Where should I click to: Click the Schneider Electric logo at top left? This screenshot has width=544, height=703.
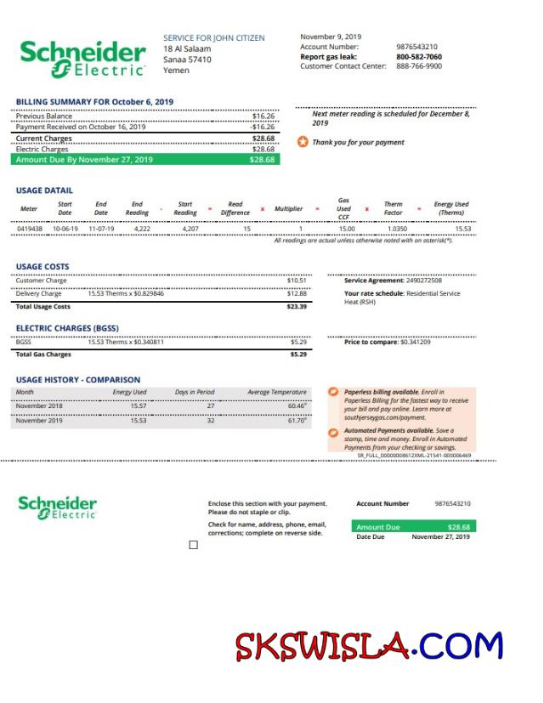pyautogui.click(x=82, y=57)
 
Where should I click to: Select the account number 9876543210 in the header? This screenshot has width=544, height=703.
pyautogui.click(x=416, y=47)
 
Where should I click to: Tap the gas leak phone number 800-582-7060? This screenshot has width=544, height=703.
pyautogui.click(x=418, y=57)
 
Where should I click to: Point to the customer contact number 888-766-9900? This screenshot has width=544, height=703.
pyautogui.click(x=418, y=66)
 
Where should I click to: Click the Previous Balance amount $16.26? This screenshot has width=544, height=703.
pyautogui.click(x=263, y=116)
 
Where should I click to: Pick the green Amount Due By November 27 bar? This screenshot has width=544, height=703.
pyautogui.click(x=145, y=159)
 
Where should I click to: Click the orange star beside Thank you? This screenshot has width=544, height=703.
pyautogui.click(x=302, y=142)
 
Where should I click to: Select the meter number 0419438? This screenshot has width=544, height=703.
pyautogui.click(x=29, y=229)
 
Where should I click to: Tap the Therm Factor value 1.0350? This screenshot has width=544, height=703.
pyautogui.click(x=397, y=229)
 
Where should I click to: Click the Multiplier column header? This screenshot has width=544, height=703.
pyautogui.click(x=288, y=208)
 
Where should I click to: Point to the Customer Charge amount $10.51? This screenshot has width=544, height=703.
pyautogui.click(x=297, y=281)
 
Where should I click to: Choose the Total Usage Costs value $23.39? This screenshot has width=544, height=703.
pyautogui.click(x=297, y=306)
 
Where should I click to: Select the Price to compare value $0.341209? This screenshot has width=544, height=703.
pyautogui.click(x=416, y=342)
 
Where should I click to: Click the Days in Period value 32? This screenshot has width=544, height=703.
pyautogui.click(x=211, y=420)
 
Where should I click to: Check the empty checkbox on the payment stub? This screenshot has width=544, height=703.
pyautogui.click(x=193, y=545)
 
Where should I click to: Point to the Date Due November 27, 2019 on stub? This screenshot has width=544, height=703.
pyautogui.click(x=440, y=537)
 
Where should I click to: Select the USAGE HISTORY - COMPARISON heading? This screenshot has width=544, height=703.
pyautogui.click(x=77, y=379)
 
